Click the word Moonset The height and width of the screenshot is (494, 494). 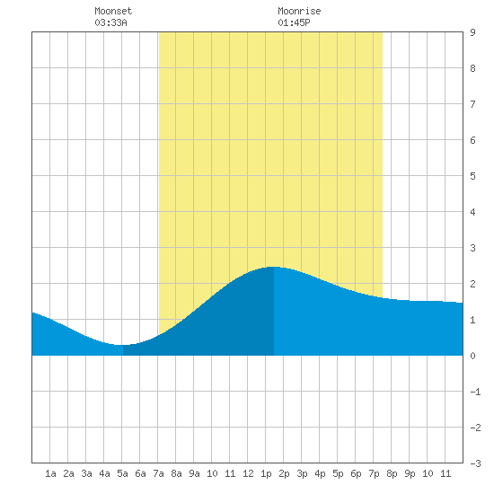pyautogui.click(x=113, y=11)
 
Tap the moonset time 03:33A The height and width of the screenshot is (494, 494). pyautogui.click(x=110, y=22)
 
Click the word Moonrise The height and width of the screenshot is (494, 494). pyautogui.click(x=299, y=11)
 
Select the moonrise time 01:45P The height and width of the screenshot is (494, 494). pyautogui.click(x=294, y=22)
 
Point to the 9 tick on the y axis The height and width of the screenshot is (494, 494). pyautogui.click(x=472, y=32)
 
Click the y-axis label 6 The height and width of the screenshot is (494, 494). pyautogui.click(x=472, y=140)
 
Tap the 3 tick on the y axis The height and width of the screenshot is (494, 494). pyautogui.click(x=472, y=248)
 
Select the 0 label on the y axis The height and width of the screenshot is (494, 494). pyautogui.click(x=472, y=356)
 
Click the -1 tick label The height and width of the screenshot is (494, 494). pyautogui.click(x=475, y=392)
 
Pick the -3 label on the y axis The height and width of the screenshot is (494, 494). pyautogui.click(x=475, y=463)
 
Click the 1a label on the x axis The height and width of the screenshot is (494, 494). pyautogui.click(x=50, y=473)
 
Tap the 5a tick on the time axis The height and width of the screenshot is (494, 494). pyautogui.click(x=122, y=473)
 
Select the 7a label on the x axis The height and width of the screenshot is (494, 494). pyautogui.click(x=158, y=473)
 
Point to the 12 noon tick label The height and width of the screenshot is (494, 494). pyautogui.click(x=248, y=473)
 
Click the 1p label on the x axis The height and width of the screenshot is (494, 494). pyautogui.click(x=266, y=473)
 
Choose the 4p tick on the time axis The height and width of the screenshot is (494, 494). pyautogui.click(x=320, y=473)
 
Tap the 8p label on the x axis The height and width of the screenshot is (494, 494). pyautogui.click(x=392, y=473)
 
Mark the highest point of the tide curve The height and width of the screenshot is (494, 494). pyautogui.click(x=273, y=267)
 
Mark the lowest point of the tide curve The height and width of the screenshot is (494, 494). pyautogui.click(x=119, y=345)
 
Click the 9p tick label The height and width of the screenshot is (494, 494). pyautogui.click(x=410, y=473)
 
